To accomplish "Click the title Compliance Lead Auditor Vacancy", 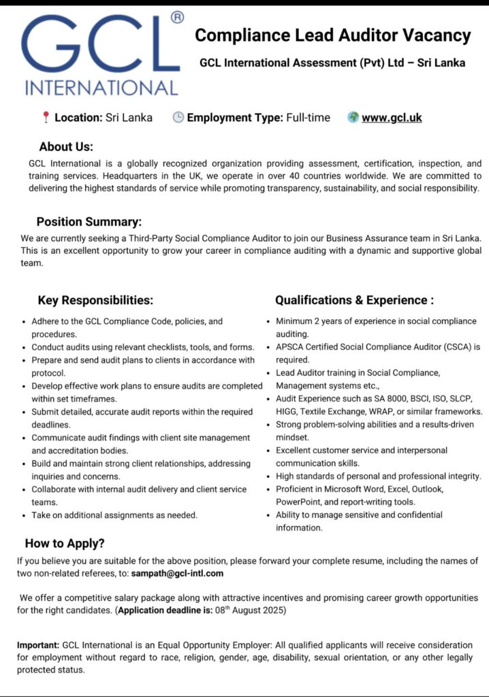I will coord(333,35).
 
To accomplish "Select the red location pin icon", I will coord(46,118).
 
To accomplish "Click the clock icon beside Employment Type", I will coord(178,118).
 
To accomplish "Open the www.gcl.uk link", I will coord(392,118).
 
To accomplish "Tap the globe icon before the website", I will coord(353,117).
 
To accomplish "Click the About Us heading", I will coord(66,146).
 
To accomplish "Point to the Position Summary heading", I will coord(89,222).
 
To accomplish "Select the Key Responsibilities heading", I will coord(95,300).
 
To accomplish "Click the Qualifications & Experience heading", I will coord(354,300).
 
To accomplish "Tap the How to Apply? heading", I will coord(65,543).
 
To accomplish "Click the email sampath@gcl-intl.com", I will coord(178,574).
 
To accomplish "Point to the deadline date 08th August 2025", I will coord(251,611).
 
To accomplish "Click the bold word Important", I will coord(38,645).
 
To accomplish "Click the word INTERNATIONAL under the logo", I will coord(101,88).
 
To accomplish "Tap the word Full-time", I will coord(308,118).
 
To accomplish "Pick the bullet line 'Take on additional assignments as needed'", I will coord(114,515).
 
